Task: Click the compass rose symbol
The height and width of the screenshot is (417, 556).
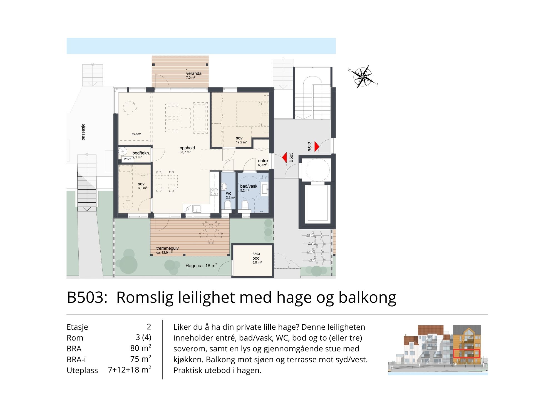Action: tap(363, 76)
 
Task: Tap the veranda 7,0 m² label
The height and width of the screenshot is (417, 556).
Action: tap(194, 75)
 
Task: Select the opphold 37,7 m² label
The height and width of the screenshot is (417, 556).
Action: tap(187, 150)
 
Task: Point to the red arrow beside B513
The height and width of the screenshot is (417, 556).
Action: tap(317, 147)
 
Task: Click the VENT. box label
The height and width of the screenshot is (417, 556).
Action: tap(128, 159)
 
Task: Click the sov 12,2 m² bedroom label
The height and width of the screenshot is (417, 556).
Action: tap(241, 140)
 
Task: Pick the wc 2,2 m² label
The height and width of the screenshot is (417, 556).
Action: tap(230, 195)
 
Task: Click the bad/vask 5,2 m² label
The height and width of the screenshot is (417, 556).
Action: tap(249, 188)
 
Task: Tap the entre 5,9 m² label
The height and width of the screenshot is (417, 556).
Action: tap(263, 163)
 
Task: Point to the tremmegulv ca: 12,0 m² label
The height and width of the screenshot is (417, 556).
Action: tap(167, 250)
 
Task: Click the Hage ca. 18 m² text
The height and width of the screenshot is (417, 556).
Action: tap(201, 265)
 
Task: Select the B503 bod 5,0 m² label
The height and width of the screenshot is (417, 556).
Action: tap(257, 258)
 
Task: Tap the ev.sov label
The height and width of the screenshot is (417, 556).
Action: tap(136, 134)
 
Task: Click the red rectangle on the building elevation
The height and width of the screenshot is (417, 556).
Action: tap(466, 353)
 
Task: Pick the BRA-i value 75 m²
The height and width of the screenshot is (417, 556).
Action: tap(141, 359)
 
